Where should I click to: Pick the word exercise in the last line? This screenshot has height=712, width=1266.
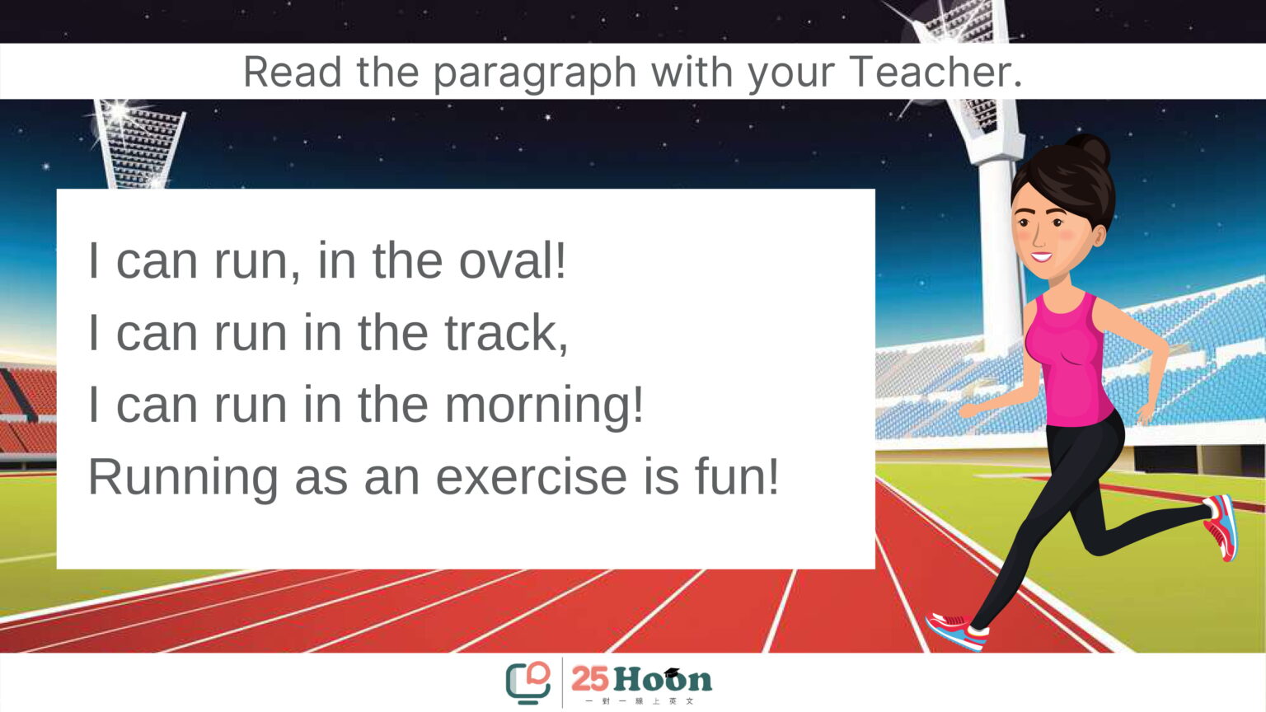pos(532,477)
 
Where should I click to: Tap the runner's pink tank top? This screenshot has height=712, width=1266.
pos(1069,362)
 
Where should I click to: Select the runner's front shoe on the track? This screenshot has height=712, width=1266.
pos(958,630)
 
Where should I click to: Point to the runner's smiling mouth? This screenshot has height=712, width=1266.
pos(1040,257)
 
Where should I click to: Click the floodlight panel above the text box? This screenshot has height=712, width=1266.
pos(139,145)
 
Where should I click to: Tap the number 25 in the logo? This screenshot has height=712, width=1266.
pos(590,678)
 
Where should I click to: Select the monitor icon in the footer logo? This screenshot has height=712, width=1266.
pos(527,682)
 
